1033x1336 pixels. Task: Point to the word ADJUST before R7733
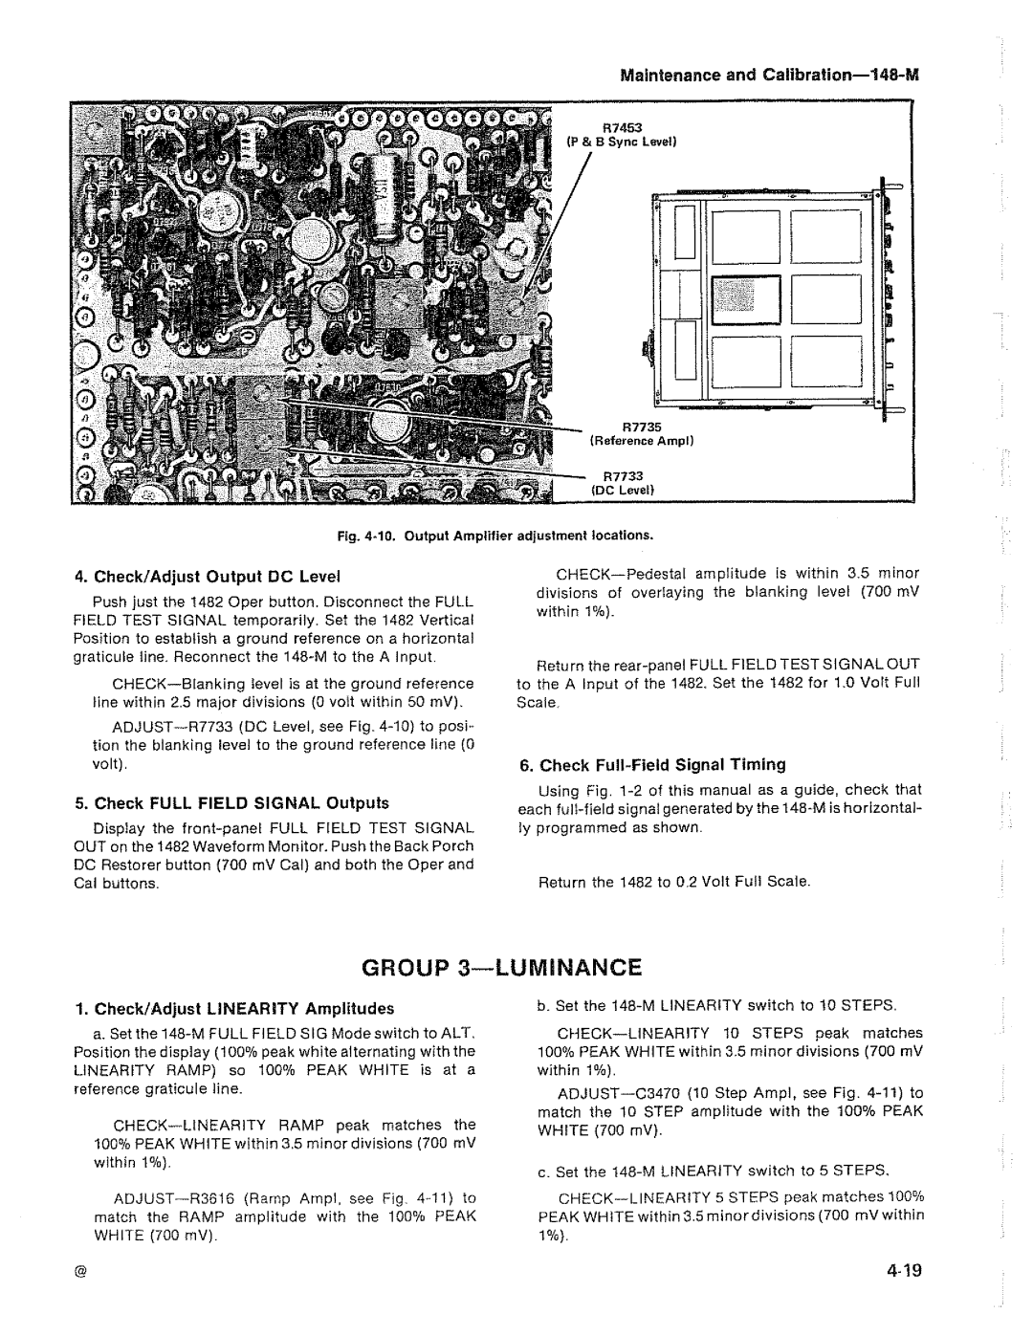tap(139, 727)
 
